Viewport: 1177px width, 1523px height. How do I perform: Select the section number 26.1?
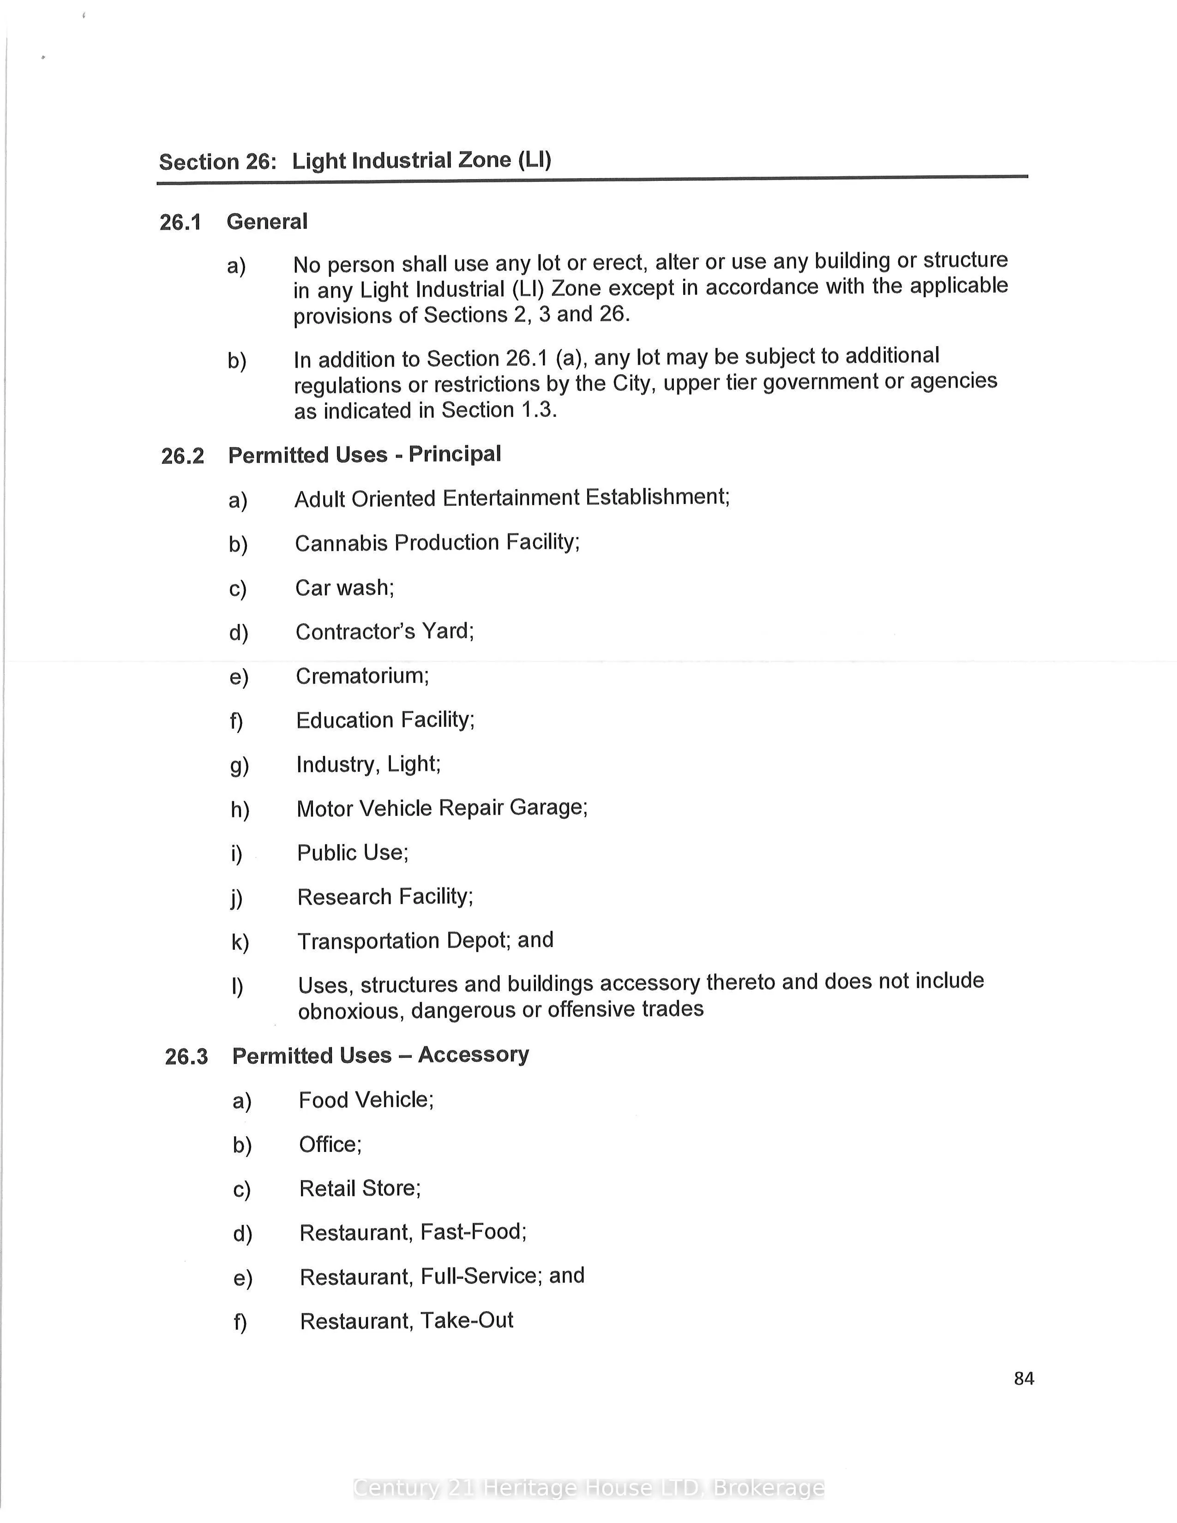coord(180,222)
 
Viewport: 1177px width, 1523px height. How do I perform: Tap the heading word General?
coord(267,222)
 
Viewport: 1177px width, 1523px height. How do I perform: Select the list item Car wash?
coord(344,588)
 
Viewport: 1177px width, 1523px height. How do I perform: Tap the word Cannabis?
coord(341,543)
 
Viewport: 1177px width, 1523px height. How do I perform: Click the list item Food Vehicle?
coord(366,1100)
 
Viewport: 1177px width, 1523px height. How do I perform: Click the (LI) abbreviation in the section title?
coord(534,160)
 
